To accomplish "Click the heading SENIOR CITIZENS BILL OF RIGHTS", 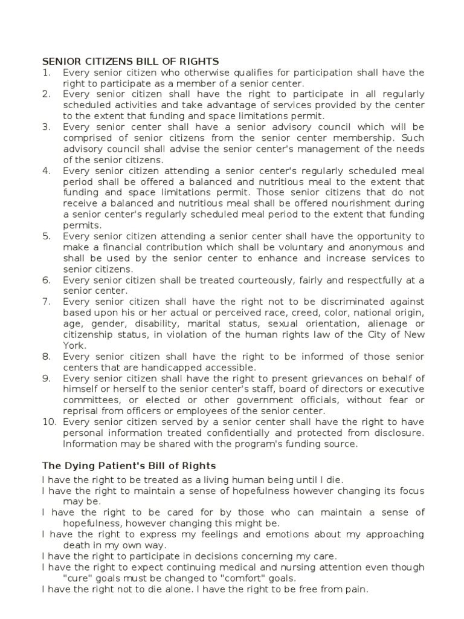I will tap(130, 62).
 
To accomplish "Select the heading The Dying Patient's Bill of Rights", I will tap(129, 465).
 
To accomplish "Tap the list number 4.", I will tap(46, 170).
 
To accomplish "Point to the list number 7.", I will tap(46, 302).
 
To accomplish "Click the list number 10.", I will tap(48, 422).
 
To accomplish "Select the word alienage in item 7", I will tap(384, 323).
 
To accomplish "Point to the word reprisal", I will tap(83, 411).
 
